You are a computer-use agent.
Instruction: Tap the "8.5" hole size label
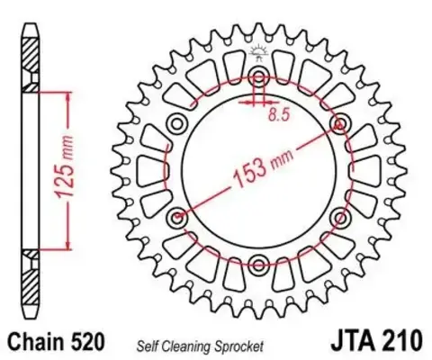click(280, 114)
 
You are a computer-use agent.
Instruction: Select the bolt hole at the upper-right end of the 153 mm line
click(341, 122)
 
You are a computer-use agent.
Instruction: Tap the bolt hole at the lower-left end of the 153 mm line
click(177, 217)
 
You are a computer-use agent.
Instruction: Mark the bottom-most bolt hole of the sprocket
click(259, 264)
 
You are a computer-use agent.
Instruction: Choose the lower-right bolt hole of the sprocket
click(341, 217)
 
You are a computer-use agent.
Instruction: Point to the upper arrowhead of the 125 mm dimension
click(64, 95)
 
